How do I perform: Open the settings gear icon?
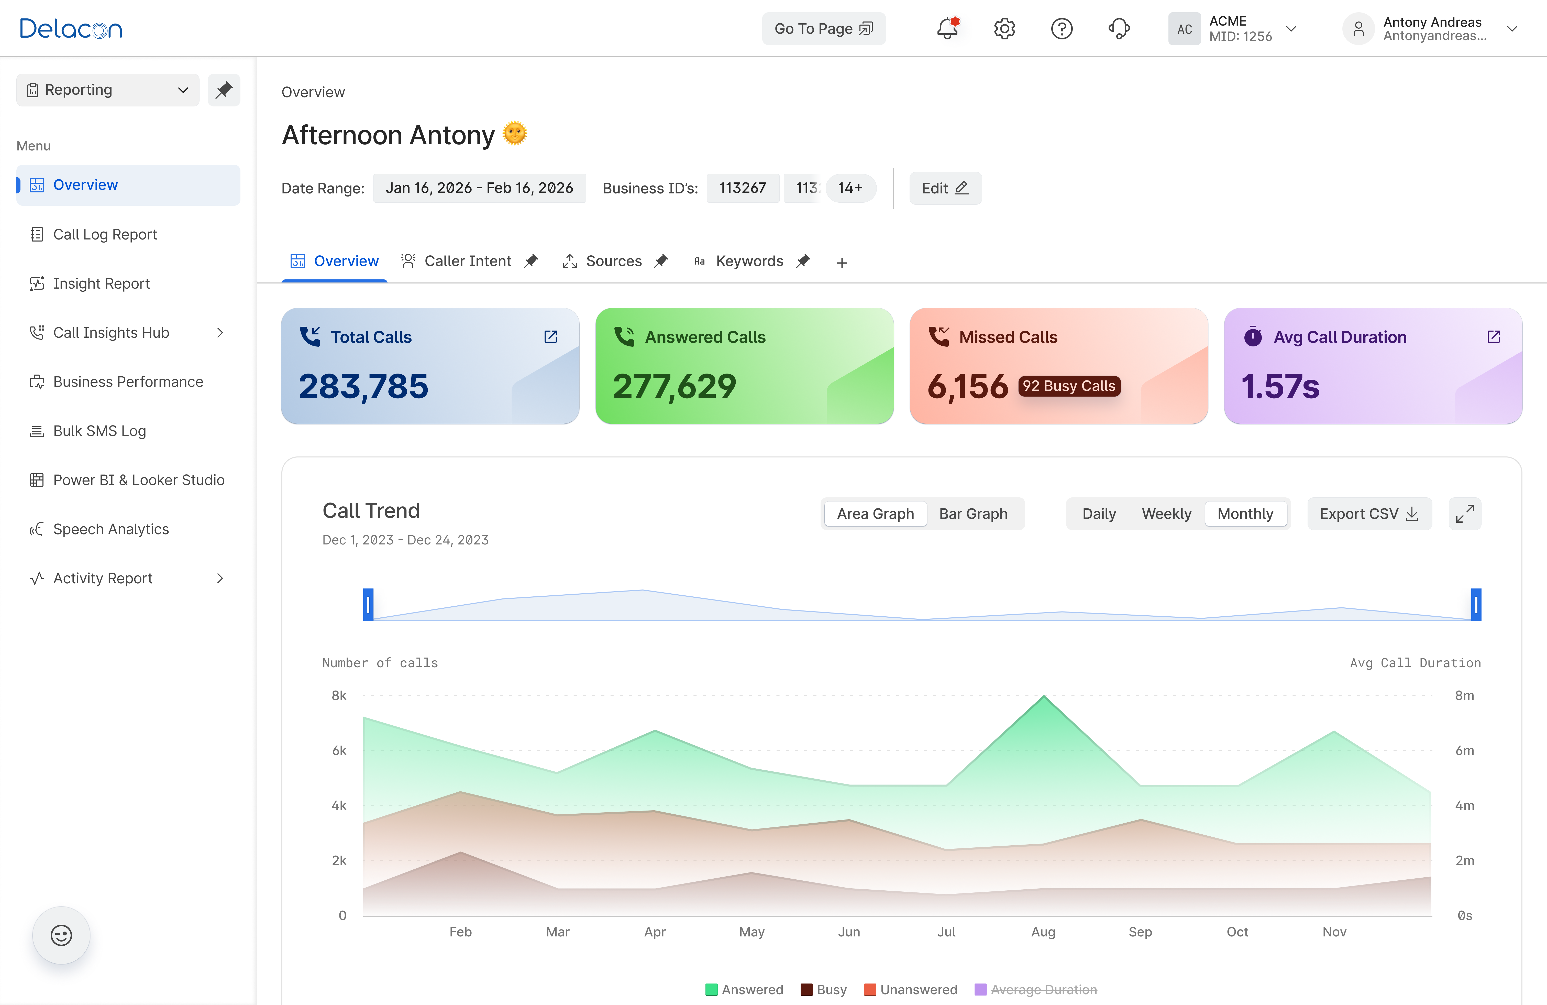pyautogui.click(x=1004, y=29)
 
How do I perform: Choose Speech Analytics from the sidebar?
pyautogui.click(x=110, y=529)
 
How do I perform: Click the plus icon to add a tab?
pyautogui.click(x=842, y=263)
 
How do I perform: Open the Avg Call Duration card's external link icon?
pyautogui.click(x=1494, y=337)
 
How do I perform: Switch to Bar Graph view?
pyautogui.click(x=973, y=514)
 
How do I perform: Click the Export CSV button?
pyautogui.click(x=1369, y=514)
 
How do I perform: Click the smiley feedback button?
pyautogui.click(x=61, y=935)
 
